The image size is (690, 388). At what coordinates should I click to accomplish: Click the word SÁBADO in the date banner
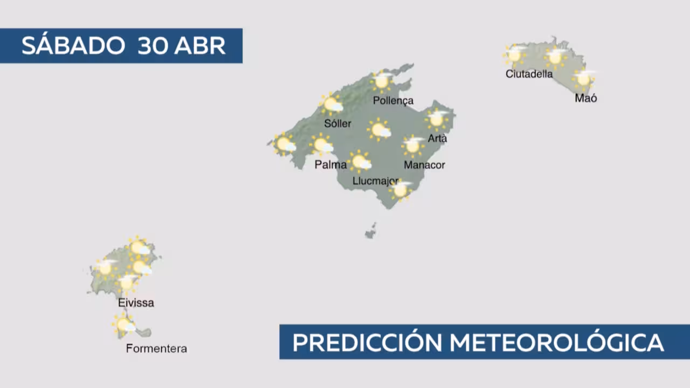coord(73,45)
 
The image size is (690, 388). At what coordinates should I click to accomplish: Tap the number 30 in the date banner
coord(153,46)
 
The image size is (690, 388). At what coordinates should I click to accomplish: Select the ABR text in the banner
coord(200,46)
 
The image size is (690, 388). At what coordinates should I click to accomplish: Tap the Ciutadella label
coord(529,74)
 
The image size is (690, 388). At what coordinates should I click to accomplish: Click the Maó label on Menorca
coord(585,98)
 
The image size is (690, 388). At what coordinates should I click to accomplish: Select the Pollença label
coord(393,101)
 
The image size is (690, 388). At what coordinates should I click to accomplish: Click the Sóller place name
coord(337,123)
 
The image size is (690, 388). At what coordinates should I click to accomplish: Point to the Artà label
coord(437,138)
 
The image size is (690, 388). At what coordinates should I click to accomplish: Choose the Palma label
coord(330,165)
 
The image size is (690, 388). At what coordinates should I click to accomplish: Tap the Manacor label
coord(424,165)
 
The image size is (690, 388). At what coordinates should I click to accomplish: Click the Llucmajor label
coord(376,181)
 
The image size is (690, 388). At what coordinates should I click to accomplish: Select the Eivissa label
coord(136,303)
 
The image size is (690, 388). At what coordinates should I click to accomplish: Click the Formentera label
coord(156,349)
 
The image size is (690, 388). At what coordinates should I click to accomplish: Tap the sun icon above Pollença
coord(382,81)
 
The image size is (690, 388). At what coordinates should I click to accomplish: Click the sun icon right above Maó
coord(583,79)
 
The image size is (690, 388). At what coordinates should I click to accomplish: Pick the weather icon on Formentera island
coord(124,324)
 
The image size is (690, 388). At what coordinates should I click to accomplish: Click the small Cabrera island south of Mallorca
coord(371,231)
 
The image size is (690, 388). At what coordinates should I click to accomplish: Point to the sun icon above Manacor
coord(413,146)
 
